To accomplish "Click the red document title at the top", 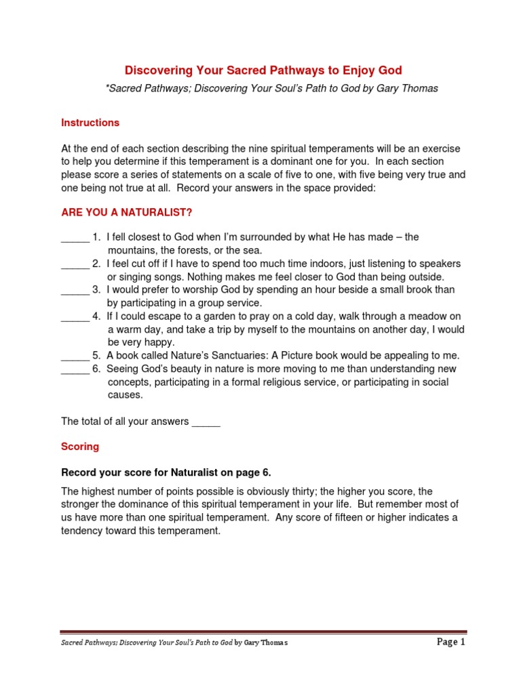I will [263, 70].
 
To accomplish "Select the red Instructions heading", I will [90, 123].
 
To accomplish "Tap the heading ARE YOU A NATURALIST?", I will [127, 213].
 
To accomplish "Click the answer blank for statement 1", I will [75, 238].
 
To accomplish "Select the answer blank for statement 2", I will [75, 264].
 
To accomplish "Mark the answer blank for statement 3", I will [75, 291].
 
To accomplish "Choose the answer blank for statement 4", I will [75, 317].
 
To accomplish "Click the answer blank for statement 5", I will [75, 356].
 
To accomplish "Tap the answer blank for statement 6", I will [75, 370].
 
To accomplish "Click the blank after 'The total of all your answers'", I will [206, 422].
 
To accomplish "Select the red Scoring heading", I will [80, 447].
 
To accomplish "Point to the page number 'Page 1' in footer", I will [450, 642].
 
